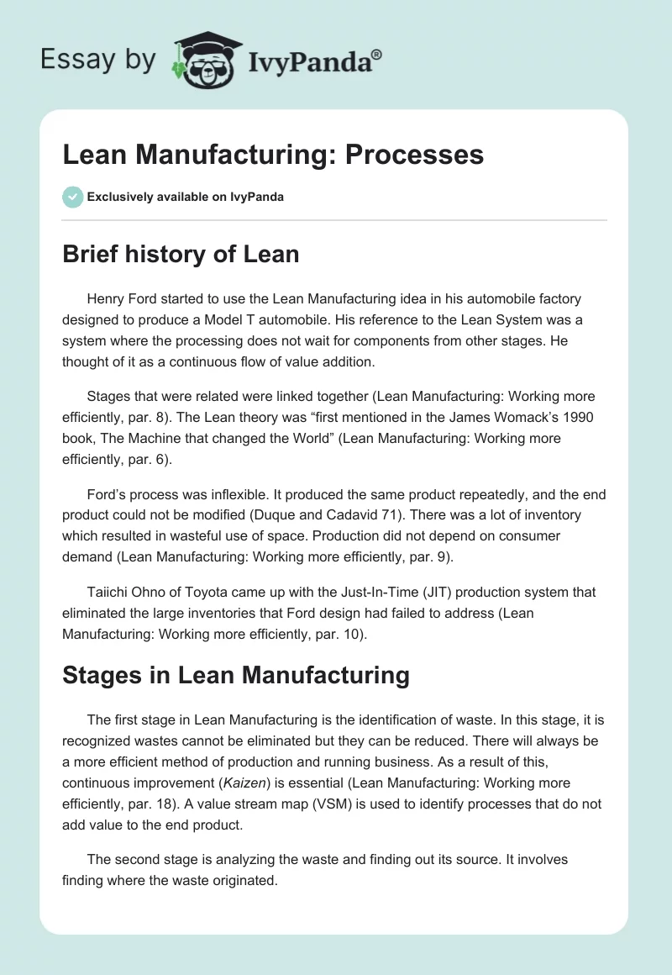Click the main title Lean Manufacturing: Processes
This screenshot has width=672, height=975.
273,155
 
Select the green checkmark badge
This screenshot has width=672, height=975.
72,197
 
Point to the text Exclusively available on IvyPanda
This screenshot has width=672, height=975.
186,198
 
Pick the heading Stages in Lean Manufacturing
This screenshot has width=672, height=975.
236,675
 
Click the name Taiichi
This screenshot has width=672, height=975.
108,592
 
